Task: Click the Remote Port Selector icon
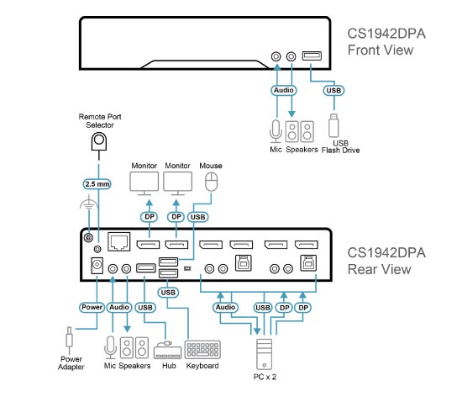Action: coord(99,141)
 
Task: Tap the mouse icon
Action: coord(211,182)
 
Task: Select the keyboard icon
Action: coord(202,350)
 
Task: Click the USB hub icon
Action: coord(167,350)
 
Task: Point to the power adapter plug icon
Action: coord(69,340)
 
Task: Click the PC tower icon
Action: coord(265,354)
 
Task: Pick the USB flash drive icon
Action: coord(333,125)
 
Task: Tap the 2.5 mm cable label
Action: coord(97,184)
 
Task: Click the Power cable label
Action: coord(92,307)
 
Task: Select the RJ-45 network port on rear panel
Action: coord(119,242)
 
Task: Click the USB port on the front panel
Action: coord(312,56)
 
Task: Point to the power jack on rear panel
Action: coord(97,266)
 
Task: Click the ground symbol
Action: coord(89,203)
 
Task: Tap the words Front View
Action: coord(381,50)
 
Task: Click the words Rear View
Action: coord(379,269)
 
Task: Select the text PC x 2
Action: coord(265,377)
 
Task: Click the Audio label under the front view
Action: coord(283,90)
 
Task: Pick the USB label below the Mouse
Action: coord(197,217)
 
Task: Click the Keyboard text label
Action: coord(202,366)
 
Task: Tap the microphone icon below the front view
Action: coord(276,131)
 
